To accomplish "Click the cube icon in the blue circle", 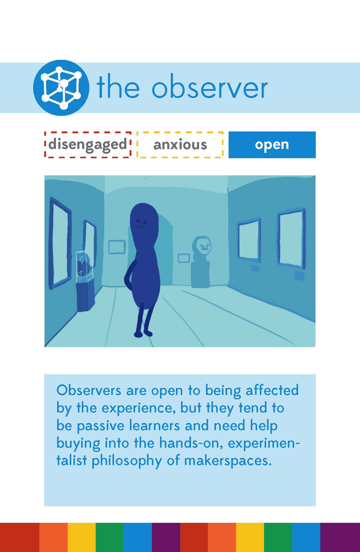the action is point(61,88).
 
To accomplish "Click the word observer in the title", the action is point(210,88).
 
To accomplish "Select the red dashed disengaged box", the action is point(88,144).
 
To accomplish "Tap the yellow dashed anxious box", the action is point(180,144).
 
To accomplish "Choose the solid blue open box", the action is point(272,145).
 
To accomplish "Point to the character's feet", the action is point(143,334).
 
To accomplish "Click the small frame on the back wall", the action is point(117,247).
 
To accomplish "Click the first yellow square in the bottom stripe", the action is point(82,537).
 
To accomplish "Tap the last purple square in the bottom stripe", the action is point(340,537).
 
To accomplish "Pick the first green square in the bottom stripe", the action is point(109,537).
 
